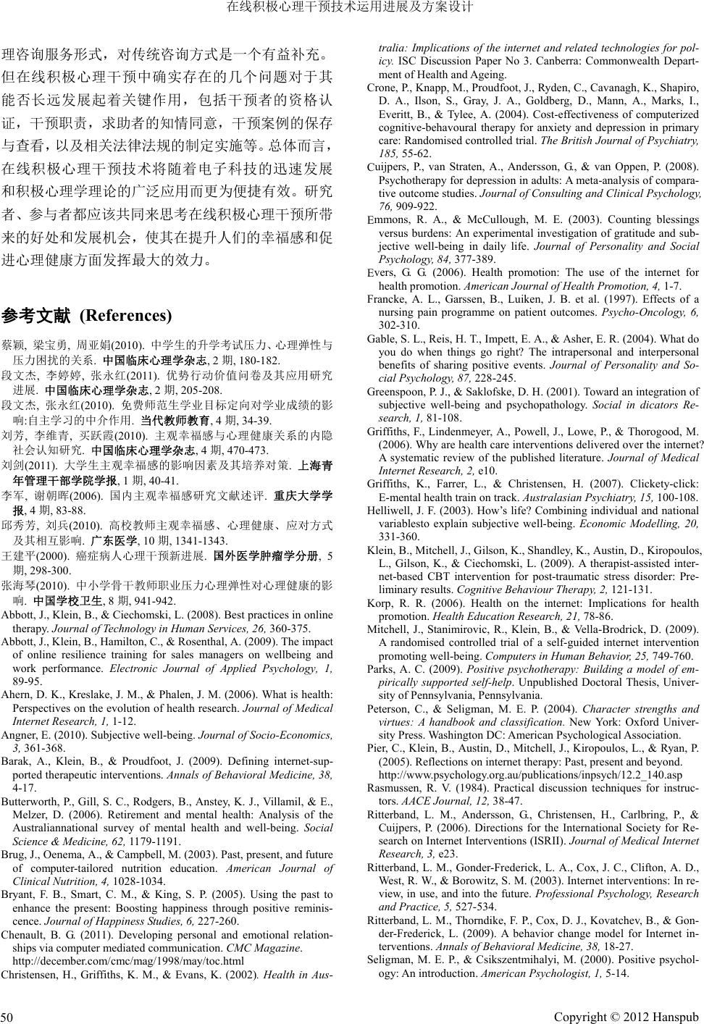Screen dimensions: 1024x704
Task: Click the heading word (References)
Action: point(125,316)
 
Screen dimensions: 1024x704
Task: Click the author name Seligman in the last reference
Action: point(390,960)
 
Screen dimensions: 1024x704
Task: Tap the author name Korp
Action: point(380,603)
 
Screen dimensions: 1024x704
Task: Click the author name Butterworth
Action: point(30,802)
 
